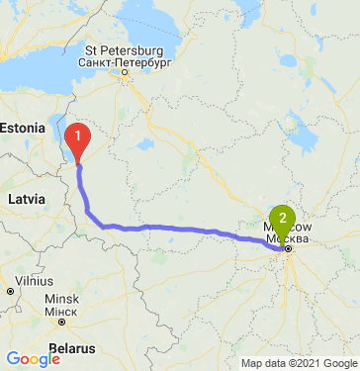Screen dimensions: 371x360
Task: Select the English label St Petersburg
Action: coord(124,50)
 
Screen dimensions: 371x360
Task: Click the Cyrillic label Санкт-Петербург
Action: coord(124,61)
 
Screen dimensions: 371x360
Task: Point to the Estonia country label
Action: coord(21,128)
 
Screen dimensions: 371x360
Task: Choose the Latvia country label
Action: coord(26,199)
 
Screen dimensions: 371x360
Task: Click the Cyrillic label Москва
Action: coord(289,238)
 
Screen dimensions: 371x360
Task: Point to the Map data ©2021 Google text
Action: coord(292,363)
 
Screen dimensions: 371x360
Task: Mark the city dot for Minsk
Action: coord(61,321)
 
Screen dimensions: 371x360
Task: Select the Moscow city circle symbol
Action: coord(288,249)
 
